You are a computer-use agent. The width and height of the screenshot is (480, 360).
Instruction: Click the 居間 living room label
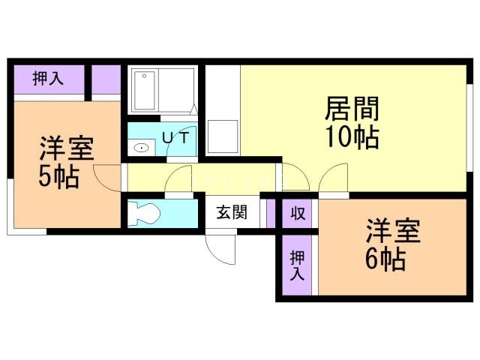point(351,110)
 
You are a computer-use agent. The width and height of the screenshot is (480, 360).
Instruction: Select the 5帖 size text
point(59,178)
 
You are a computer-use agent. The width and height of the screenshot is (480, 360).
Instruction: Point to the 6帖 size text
point(385,259)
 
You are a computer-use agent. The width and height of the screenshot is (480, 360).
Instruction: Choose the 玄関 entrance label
point(232,212)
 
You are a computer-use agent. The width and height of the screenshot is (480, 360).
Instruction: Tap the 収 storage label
point(298,213)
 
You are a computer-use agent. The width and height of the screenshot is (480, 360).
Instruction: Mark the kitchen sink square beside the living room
point(222,135)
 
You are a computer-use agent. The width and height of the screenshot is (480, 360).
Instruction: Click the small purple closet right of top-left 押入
point(106,79)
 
